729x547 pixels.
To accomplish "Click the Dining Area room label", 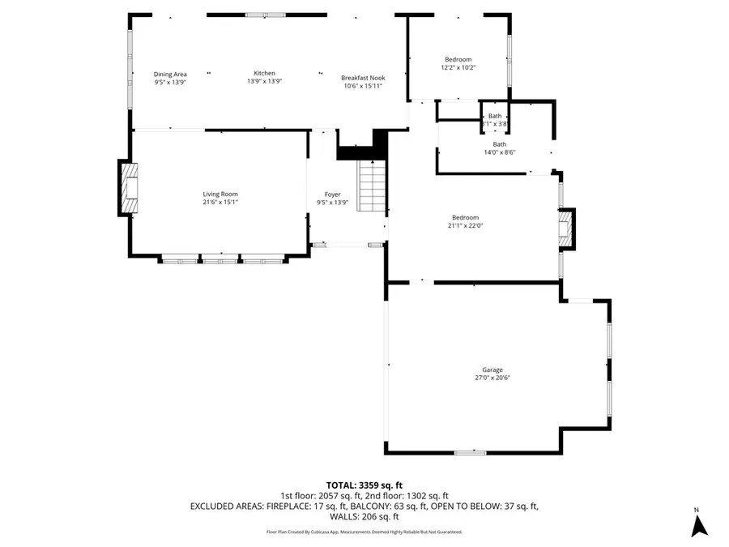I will tap(170, 74).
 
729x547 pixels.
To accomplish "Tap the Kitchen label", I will tap(265, 73).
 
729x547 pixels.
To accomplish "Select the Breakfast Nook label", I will tap(361, 78).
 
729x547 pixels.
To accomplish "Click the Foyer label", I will tap(333, 194).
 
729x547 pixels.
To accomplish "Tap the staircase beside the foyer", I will tap(372, 186).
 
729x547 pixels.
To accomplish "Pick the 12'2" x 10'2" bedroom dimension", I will tap(458, 67).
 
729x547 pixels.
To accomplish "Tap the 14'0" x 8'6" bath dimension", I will tap(500, 152).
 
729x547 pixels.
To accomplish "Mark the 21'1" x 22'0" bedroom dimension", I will tap(466, 225).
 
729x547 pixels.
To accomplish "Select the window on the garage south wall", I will tap(470, 452).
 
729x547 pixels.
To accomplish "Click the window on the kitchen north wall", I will tap(266, 15).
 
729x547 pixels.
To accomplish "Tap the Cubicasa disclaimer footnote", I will tap(364, 532).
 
